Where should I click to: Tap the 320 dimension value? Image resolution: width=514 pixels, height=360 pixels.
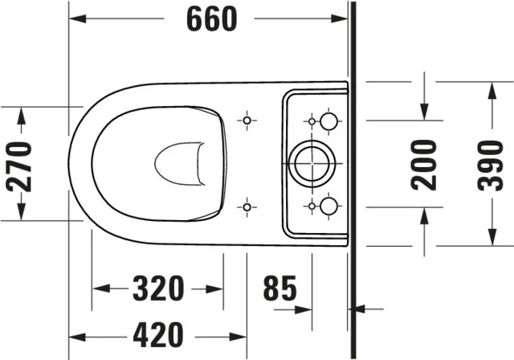[x=158, y=288]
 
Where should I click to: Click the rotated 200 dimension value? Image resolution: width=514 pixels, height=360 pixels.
[x=424, y=164]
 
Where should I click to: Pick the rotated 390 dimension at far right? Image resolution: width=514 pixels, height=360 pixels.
[x=491, y=164]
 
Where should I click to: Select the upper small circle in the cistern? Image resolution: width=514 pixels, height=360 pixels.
[x=328, y=121]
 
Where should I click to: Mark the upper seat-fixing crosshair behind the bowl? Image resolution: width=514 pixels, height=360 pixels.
[x=247, y=121]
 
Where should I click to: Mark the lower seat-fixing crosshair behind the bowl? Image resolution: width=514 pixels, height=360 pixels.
[x=247, y=207]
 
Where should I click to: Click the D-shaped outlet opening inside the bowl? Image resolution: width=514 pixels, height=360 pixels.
[x=178, y=164]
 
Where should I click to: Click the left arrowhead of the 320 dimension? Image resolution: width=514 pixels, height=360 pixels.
[x=100, y=288]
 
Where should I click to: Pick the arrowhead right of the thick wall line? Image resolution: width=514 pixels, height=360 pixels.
[x=360, y=308]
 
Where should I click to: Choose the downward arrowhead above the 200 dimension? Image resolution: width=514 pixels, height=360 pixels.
[x=424, y=112]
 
